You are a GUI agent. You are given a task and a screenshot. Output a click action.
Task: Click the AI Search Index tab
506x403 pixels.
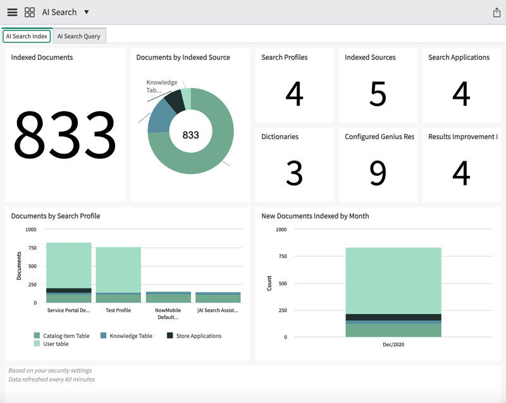point(27,36)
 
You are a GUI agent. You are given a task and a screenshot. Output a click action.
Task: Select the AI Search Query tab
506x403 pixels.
point(78,36)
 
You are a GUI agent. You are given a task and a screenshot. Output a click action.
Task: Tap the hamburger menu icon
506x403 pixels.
point(12,12)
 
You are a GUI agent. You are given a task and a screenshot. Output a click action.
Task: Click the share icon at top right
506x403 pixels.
point(496,13)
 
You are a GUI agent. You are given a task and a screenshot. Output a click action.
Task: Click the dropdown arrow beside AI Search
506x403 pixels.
point(87,12)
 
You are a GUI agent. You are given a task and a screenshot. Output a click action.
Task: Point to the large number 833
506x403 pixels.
point(65,134)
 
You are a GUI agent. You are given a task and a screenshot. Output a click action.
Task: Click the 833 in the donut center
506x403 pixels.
point(190,135)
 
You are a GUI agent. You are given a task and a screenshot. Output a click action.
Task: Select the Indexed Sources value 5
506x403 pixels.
point(378,94)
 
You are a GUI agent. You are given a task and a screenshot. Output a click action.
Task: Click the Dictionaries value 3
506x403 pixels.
point(294,173)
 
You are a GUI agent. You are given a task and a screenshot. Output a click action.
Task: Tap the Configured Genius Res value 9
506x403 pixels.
point(378,173)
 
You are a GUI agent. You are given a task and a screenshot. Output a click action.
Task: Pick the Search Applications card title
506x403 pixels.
point(459,57)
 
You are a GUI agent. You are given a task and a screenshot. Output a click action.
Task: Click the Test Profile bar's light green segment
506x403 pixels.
point(118,269)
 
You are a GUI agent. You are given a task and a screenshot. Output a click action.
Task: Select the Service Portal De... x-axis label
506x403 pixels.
point(68,311)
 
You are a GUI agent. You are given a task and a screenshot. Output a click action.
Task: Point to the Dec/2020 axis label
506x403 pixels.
point(393,345)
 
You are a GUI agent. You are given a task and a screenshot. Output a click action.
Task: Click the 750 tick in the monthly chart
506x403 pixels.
point(281,256)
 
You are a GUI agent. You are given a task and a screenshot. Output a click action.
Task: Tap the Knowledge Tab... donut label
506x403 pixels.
point(161,86)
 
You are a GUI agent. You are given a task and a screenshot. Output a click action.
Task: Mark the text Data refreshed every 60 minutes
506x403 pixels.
point(52,380)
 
